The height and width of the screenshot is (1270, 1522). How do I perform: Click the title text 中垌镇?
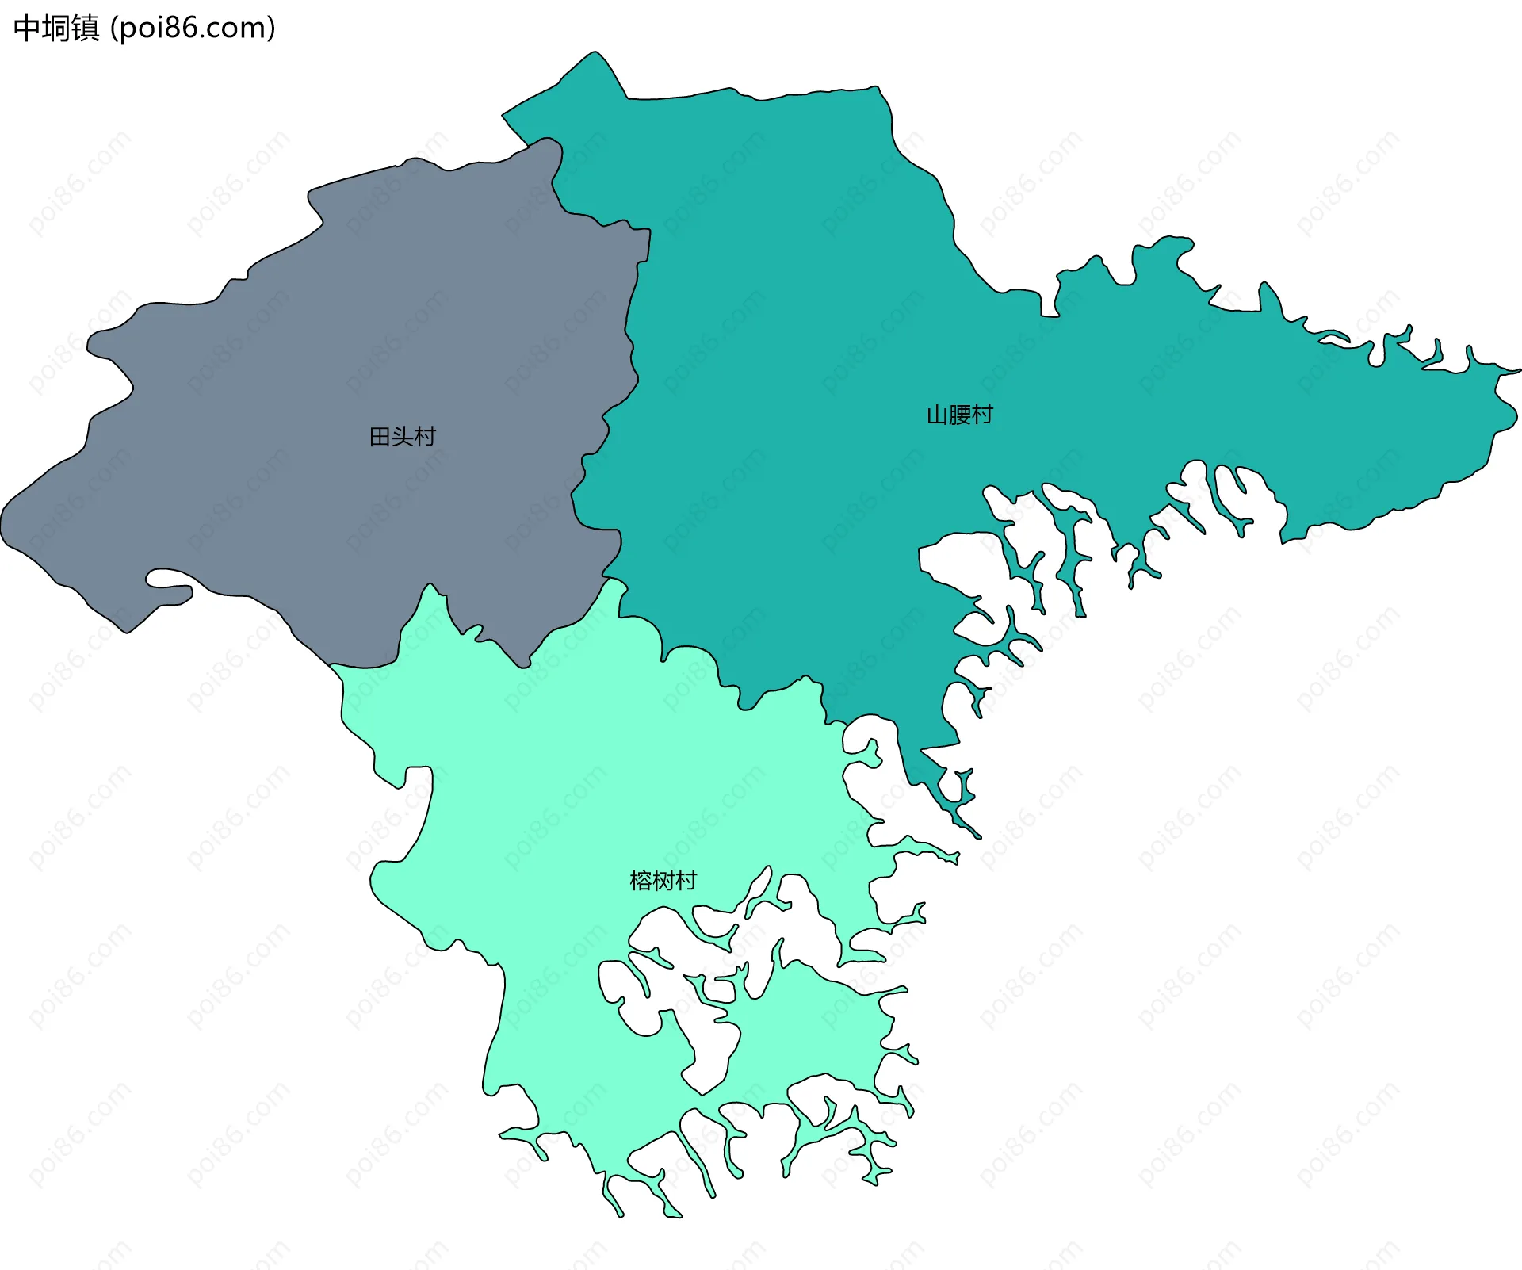56,29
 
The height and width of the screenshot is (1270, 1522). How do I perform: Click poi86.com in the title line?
193,29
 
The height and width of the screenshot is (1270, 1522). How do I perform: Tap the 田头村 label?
402,437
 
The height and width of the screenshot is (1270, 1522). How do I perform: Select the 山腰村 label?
959,415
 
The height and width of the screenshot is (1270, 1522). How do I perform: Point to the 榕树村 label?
663,881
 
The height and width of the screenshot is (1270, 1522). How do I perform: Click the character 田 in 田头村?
380,437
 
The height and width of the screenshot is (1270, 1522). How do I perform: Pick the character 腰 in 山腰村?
959,415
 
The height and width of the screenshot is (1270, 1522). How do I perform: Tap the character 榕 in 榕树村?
641,881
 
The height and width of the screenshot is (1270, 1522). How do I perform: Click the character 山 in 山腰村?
938,415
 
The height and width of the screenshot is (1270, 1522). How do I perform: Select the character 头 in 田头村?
402,437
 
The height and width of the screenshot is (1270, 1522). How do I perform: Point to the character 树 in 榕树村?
663,881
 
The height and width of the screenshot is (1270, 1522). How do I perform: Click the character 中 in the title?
27,29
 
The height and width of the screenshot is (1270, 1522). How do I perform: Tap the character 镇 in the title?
86,29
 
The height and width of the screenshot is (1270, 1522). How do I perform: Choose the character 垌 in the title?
56,29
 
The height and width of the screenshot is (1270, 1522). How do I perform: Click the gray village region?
317,357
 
